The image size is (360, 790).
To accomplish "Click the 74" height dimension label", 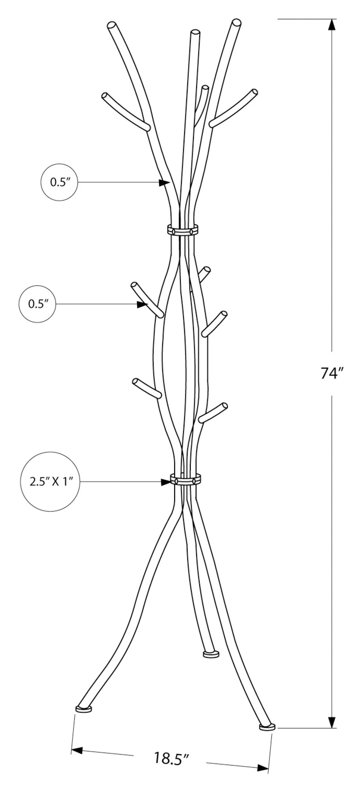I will pos(331,373).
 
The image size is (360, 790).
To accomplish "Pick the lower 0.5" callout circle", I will pos(38,304).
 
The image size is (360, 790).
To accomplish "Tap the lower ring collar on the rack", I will pos(185,479).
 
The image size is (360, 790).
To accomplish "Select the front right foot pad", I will pos(267,727).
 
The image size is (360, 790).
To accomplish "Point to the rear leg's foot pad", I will pos(211,655).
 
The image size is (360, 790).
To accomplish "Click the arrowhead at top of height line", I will pos(332,25).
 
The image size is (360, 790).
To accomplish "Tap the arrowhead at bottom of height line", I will pos(332,721).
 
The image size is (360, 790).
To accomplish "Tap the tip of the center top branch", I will pos(194,33).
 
